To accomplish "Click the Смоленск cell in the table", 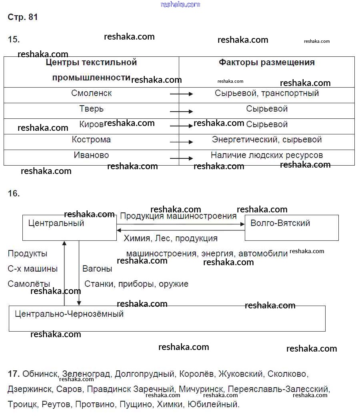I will click(x=92, y=93).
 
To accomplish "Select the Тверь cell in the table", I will click(x=92, y=109).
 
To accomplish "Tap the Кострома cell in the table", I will click(x=92, y=140).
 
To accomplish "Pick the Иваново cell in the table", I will click(x=92, y=155).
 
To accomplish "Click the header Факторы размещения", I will click(x=267, y=62).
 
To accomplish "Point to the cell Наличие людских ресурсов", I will click(x=267, y=155).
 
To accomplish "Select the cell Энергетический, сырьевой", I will click(x=267, y=140).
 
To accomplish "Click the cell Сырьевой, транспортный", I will click(x=267, y=93).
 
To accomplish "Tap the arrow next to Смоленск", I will click(x=181, y=94).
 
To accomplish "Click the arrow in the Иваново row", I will click(x=181, y=158).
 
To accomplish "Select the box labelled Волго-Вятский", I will click(x=292, y=228).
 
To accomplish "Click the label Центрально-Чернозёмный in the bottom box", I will click(x=69, y=314).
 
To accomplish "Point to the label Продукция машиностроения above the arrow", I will click(x=178, y=216).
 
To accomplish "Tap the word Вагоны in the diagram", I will click(x=97, y=269).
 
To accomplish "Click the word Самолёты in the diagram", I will click(x=29, y=284).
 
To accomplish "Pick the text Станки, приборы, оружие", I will click(x=136, y=284).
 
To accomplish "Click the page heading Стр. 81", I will click(x=23, y=17).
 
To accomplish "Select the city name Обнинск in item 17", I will click(x=40, y=374).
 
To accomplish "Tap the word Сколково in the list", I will click(x=287, y=374).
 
